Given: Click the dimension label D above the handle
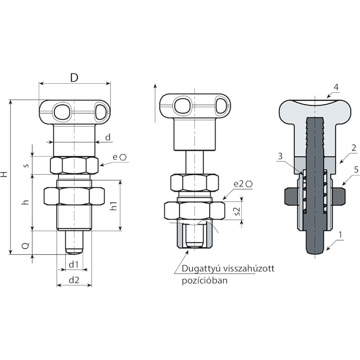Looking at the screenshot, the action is tap(74, 78).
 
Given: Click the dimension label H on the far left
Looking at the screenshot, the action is tap(4, 175).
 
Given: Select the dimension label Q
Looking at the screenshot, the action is tap(26, 246).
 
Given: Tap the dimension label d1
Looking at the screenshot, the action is tap(74, 265).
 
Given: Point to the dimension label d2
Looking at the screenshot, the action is tap(74, 280).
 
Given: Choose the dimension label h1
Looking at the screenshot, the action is tap(113, 206).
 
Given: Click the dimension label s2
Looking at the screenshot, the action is tap(238, 211).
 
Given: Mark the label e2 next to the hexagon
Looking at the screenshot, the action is tap(238, 184).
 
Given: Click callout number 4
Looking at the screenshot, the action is tap(336, 87).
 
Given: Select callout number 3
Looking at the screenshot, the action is tap(280, 156).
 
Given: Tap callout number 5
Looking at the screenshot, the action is tap(356, 170).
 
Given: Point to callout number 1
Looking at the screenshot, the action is tap(341, 235).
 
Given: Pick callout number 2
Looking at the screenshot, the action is tap(354, 148).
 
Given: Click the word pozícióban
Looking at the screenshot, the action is tap(205, 280).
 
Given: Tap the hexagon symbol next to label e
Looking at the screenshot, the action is tap(123, 157).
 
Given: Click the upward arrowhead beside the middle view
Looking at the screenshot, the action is tap(155, 86).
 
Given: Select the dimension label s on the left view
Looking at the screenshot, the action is tap(27, 165).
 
